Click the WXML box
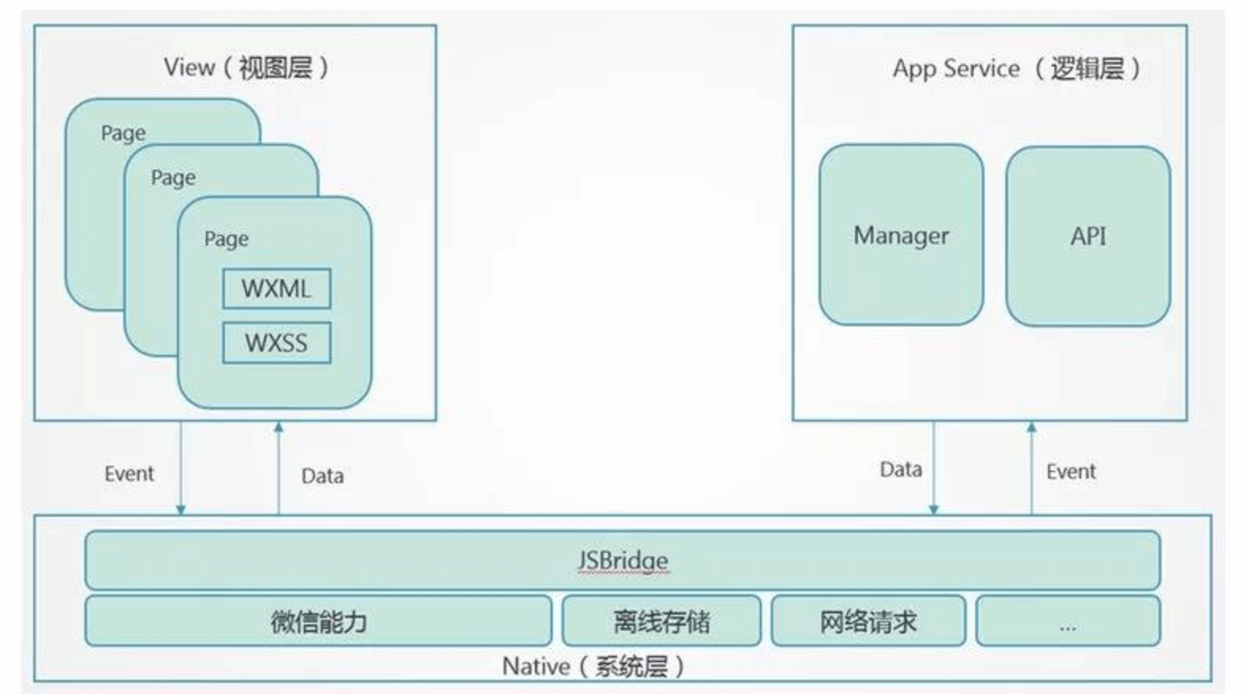[276, 288]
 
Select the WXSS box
[276, 343]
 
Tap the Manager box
[901, 235]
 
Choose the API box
[1088, 236]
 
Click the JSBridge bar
[622, 560]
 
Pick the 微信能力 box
[318, 621]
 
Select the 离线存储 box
[661, 621]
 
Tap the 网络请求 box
[867, 621]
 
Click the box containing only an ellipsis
[1067, 621]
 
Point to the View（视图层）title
[246, 68]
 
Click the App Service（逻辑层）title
[1016, 69]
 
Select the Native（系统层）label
[593, 666]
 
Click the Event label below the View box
[129, 474]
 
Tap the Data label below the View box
[322, 476]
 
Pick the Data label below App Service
[901, 470]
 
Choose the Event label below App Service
[1071, 472]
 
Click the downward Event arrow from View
[180, 467]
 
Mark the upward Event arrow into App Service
[1031, 467]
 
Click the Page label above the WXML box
[226, 238]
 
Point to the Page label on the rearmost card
[123, 133]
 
